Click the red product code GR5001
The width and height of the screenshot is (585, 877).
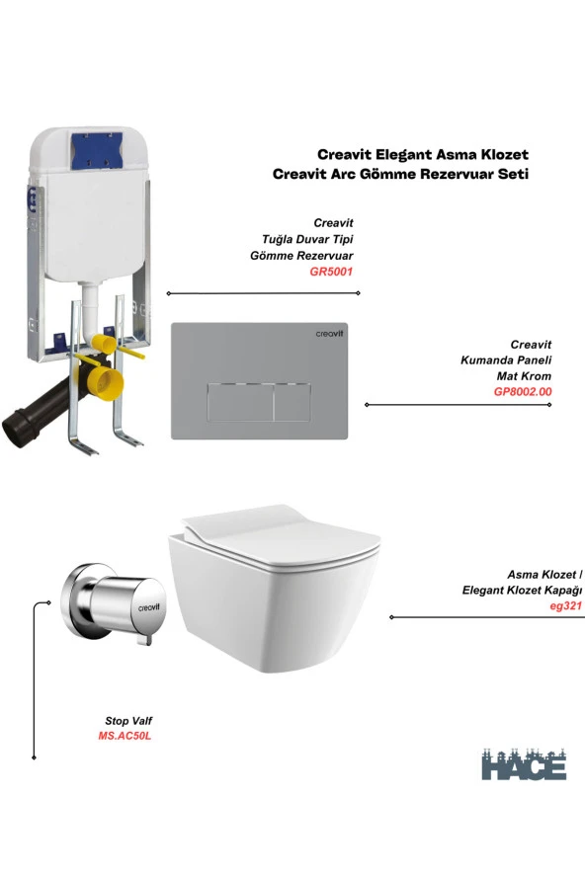tap(331, 272)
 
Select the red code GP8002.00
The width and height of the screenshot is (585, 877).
tap(523, 391)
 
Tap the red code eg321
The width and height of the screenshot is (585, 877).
tap(566, 605)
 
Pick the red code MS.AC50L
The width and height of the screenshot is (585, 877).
tap(125, 736)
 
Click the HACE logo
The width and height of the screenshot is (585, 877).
tap(524, 763)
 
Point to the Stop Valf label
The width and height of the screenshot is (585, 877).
tap(128, 721)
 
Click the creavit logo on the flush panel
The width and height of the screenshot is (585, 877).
tap(329, 334)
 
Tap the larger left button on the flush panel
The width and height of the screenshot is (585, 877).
tap(240, 402)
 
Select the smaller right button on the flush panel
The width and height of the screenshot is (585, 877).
tap(292, 402)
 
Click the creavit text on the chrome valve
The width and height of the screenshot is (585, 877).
tap(149, 607)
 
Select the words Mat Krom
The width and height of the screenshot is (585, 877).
tap(524, 376)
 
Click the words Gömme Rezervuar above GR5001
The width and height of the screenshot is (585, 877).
tap(301, 256)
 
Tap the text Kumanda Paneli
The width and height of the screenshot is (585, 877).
tap(506, 360)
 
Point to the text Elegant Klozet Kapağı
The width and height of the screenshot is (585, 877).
tap(523, 591)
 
